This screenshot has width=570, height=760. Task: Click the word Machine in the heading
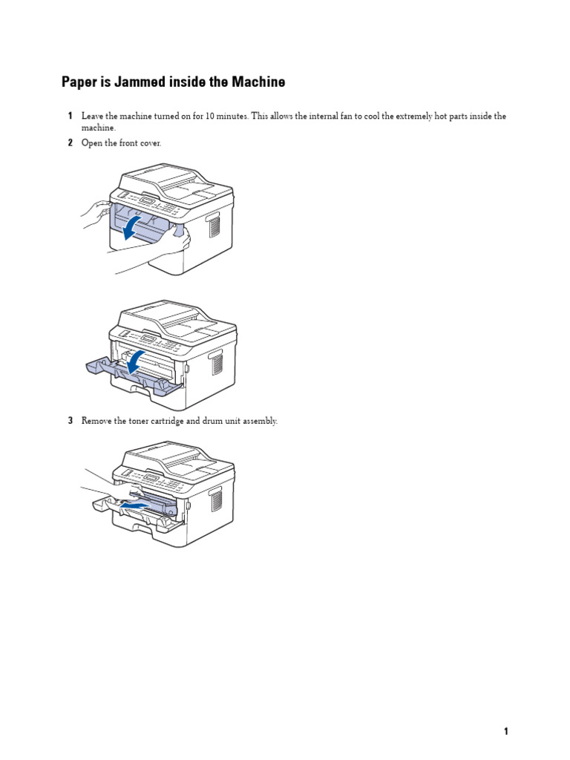pos(258,82)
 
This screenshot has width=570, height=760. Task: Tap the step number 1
pos(70,117)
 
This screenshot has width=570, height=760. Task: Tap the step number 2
pos(70,142)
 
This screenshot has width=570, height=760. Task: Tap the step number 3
pos(70,421)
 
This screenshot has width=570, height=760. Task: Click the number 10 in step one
pos(204,117)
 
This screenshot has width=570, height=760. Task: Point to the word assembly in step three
pos(261,421)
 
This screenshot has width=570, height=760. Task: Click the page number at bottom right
pos(506,731)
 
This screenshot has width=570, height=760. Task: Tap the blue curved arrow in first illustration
pos(131,228)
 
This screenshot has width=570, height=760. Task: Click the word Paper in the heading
pos(78,82)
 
